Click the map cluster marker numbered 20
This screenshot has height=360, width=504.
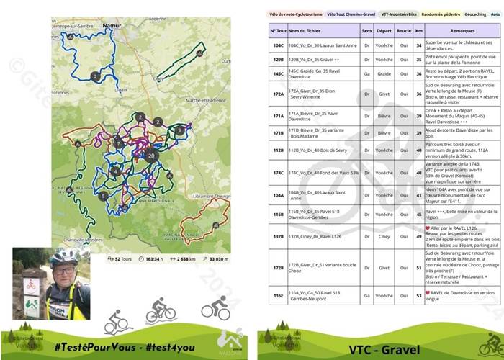tap(150, 155)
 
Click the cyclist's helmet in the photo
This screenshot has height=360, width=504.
tap(63, 256)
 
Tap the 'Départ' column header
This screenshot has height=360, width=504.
tap(384, 30)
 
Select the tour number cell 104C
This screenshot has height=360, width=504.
tap(278, 44)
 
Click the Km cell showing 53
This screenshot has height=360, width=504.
tap(418, 294)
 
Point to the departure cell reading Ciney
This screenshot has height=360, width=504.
tap(384, 236)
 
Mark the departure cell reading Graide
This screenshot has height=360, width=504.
tap(384, 73)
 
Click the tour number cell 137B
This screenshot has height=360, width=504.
tap(278, 236)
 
